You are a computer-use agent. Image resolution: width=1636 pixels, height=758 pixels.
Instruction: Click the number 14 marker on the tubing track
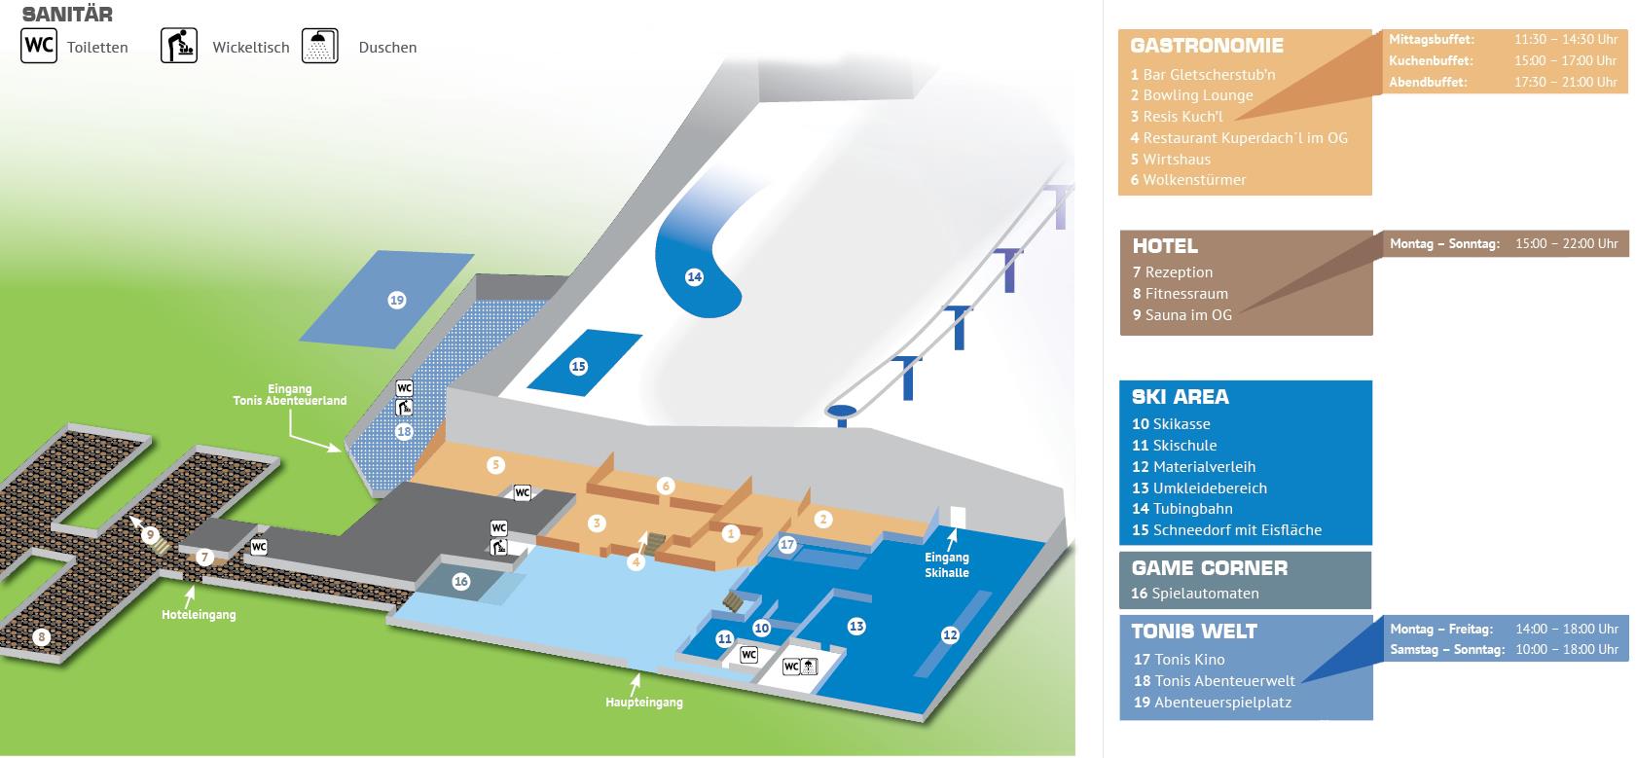(x=694, y=277)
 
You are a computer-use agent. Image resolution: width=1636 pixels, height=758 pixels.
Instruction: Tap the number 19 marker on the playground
(x=396, y=301)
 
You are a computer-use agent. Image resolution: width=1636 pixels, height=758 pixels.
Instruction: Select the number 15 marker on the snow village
(x=578, y=367)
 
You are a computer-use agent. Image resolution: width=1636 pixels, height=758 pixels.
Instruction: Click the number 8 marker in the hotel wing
(x=41, y=638)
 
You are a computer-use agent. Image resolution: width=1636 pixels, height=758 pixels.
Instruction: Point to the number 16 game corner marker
(x=461, y=582)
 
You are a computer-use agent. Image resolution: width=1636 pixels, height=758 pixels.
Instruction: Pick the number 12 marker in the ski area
(x=950, y=635)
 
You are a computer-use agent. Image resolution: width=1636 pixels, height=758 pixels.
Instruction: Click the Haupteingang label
(x=643, y=703)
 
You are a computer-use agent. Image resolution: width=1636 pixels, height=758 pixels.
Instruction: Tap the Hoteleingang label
(x=199, y=615)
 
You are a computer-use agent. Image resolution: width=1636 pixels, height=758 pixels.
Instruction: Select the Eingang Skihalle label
(x=946, y=565)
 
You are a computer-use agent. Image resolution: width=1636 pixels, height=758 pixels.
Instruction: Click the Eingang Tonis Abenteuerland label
(x=290, y=394)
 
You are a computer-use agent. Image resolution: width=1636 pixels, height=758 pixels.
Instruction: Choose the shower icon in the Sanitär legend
(x=320, y=47)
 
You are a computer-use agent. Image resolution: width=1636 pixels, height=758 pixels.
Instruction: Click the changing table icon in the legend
(x=179, y=47)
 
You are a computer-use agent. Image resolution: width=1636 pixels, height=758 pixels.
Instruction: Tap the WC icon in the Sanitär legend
(x=39, y=46)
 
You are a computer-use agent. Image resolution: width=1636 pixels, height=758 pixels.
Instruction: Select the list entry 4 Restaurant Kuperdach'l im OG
(x=1239, y=138)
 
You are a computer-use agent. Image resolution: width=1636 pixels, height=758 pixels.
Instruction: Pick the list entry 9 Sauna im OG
(x=1182, y=315)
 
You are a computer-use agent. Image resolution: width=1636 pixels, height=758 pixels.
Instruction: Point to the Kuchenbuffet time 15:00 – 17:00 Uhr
(x=1565, y=60)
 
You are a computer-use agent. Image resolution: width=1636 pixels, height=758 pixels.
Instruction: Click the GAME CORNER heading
(x=1209, y=568)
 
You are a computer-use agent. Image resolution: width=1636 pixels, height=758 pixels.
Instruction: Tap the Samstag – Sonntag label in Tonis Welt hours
(x=1446, y=649)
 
